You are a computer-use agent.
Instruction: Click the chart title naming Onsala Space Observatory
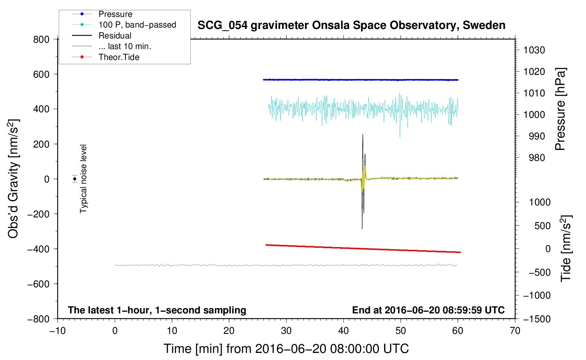[351, 25]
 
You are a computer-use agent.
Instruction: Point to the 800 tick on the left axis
[41, 40]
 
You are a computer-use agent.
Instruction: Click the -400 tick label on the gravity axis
[38, 249]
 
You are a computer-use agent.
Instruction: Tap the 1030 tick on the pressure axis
[534, 50]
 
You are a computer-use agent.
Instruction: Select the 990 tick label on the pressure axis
[537, 136]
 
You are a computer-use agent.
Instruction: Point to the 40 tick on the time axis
[343, 331]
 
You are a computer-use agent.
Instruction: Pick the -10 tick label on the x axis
[58, 331]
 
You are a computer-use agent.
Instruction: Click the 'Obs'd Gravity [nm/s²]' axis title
[13, 179]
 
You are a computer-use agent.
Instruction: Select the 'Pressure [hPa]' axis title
[560, 109]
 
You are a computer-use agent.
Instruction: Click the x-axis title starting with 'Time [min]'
[286, 349]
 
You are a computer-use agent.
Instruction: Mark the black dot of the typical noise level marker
[74, 179]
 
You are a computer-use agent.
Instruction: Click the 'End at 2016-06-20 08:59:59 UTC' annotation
[428, 310]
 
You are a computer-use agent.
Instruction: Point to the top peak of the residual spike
[363, 134]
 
